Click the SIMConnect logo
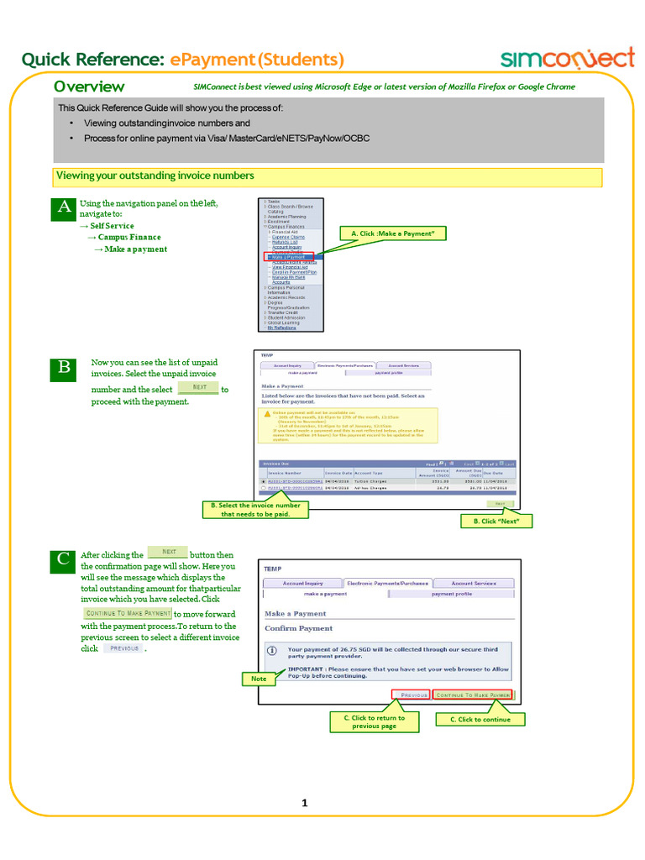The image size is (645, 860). coord(568,58)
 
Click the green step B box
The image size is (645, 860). coord(64,368)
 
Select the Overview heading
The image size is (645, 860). coord(89,87)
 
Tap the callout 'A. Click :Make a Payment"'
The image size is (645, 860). coord(392,233)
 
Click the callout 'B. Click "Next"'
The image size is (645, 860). coord(497,522)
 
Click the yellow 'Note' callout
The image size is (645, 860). coord(259,678)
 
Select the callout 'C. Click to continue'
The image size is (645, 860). coord(480,719)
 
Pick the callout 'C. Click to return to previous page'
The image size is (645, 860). coord(375,721)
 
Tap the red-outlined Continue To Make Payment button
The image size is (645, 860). coord(472,695)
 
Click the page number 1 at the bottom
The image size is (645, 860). coord(306,803)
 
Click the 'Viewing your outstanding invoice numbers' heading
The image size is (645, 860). coord(155,176)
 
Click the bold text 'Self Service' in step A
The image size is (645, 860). coord(112,226)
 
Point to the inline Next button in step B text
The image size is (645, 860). coord(198,387)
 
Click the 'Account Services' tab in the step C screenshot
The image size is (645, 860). coord(474,583)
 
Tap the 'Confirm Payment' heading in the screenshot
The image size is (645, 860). coord(298,628)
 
